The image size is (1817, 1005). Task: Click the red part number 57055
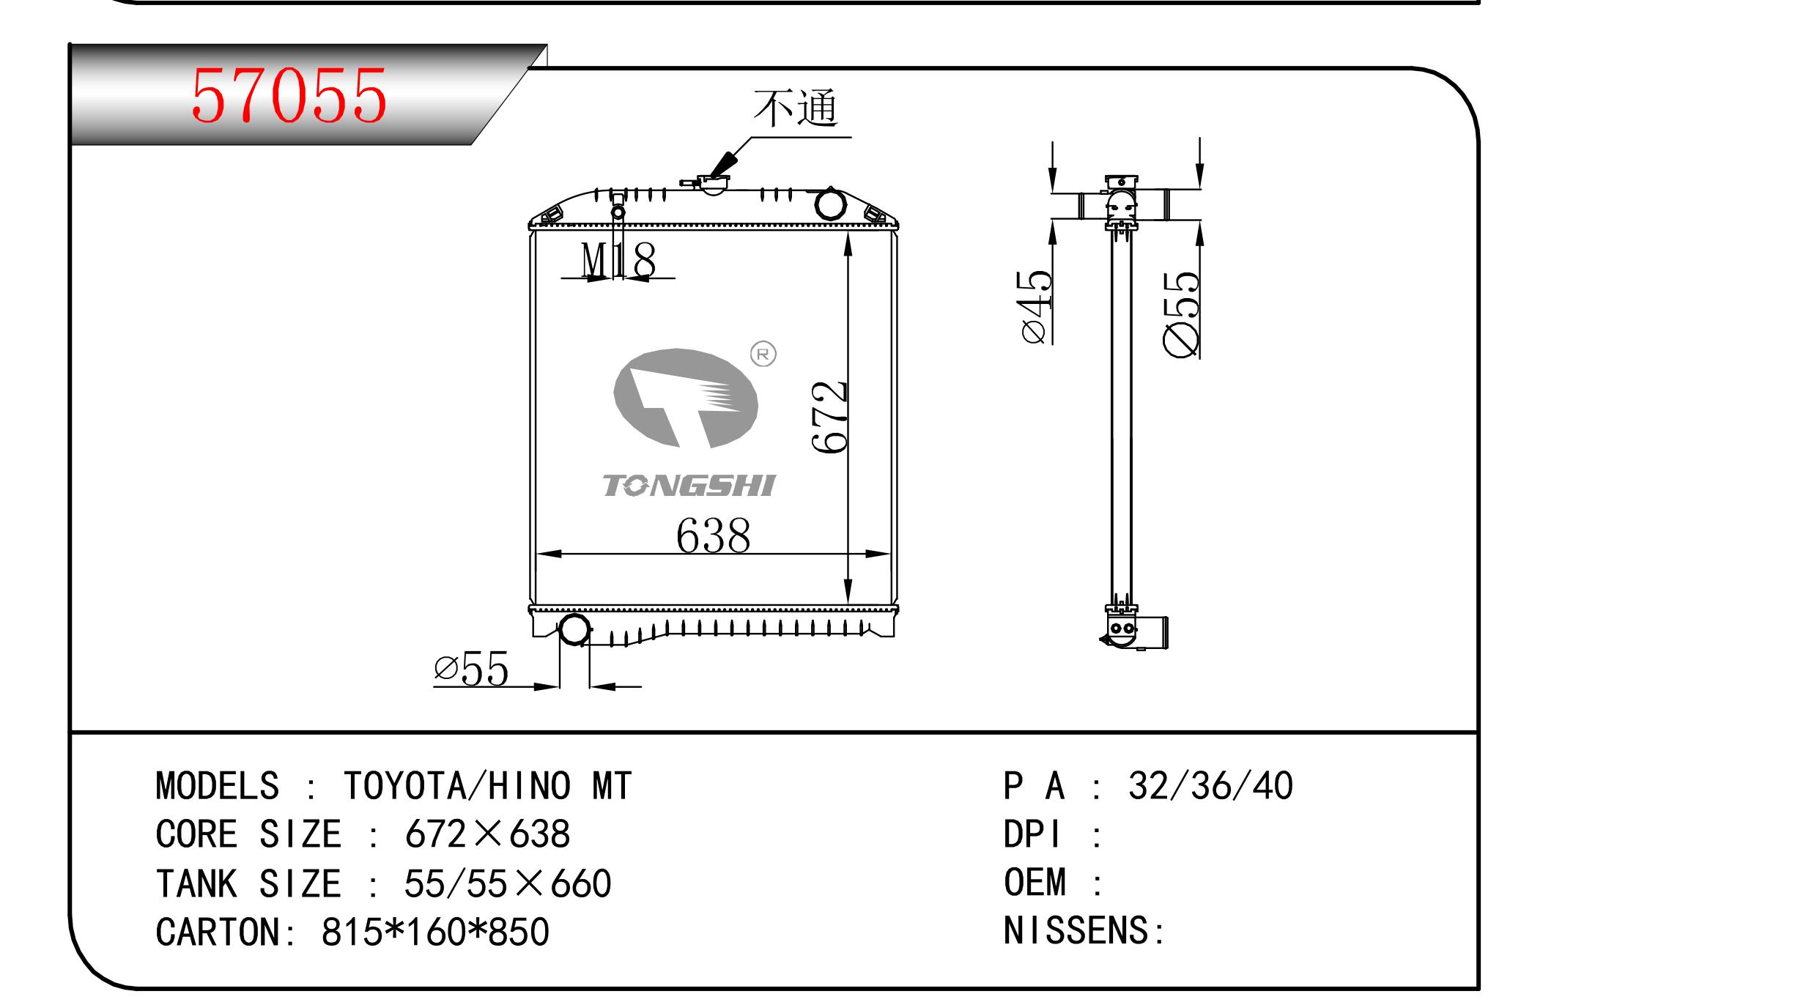[x=289, y=95]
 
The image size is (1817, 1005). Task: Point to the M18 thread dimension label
[x=618, y=259]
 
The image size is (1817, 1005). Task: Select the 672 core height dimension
[x=830, y=417]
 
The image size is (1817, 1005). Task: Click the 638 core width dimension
[x=714, y=535]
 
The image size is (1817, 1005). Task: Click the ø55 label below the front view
[x=471, y=669]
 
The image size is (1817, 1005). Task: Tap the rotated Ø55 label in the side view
[x=1182, y=315]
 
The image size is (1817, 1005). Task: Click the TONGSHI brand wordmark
[x=689, y=486]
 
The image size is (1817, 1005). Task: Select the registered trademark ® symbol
[x=763, y=355]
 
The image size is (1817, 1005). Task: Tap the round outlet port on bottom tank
[x=574, y=630]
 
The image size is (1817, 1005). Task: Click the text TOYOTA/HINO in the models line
[x=457, y=786]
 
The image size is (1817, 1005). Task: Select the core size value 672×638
[x=487, y=834]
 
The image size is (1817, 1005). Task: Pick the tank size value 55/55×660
[x=508, y=883]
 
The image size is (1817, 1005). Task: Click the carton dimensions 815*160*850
[x=435, y=932]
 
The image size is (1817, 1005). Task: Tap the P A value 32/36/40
[x=1210, y=786]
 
